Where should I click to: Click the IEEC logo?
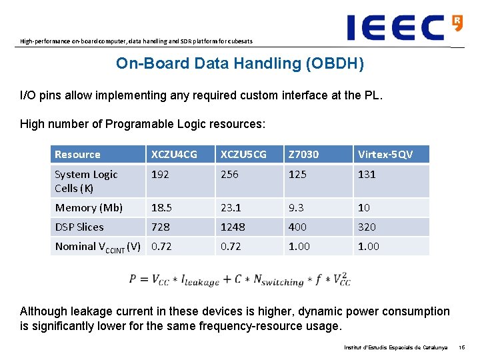point(404,27)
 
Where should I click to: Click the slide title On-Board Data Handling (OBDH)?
point(239,64)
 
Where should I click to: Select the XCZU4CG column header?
point(174,155)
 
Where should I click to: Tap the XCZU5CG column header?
point(244,155)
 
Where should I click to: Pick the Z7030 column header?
point(303,155)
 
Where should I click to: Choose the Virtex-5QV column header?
point(385,155)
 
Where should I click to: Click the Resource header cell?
point(77,155)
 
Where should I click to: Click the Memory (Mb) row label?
point(89,208)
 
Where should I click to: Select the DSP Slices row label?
point(79,227)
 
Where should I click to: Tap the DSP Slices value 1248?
point(233,227)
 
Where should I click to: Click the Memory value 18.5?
point(162,208)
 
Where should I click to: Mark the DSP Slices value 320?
point(367,227)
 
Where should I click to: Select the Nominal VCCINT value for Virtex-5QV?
point(368,247)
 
